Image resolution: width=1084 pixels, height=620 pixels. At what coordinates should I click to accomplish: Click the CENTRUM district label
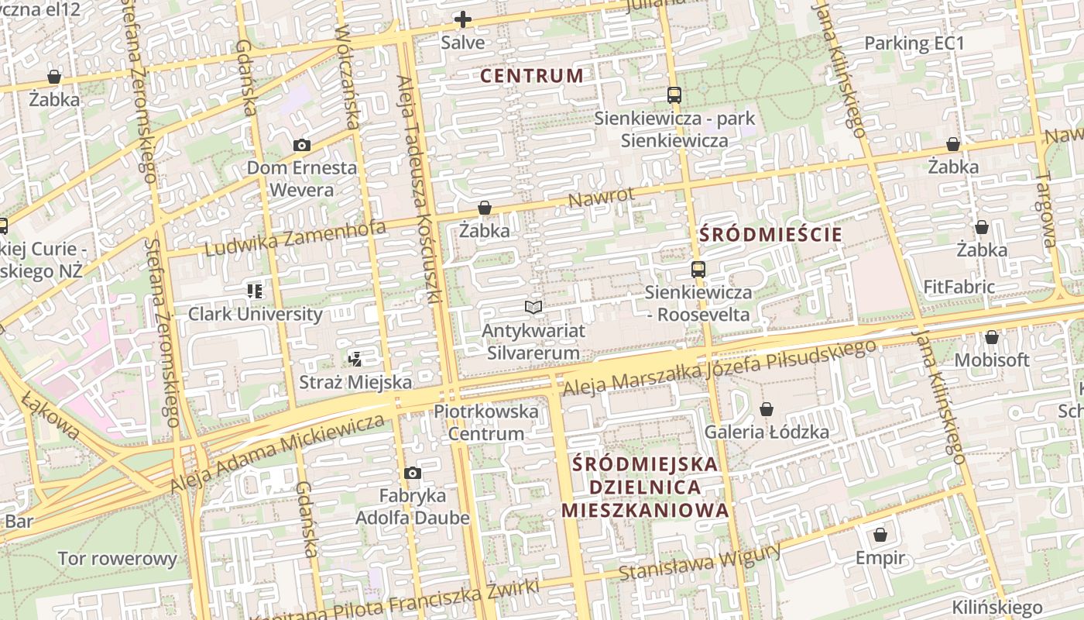531,76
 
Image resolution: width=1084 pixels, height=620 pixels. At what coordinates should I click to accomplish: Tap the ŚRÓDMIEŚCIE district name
770,235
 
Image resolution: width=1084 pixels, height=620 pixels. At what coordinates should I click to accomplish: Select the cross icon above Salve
463,19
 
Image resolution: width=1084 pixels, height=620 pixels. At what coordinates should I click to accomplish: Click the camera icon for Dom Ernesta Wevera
302,145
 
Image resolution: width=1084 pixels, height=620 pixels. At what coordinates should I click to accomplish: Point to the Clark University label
256,314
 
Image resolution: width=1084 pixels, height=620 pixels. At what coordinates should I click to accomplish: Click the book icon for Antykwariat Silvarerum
533,308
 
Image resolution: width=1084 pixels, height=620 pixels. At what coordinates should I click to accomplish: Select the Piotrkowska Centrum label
486,422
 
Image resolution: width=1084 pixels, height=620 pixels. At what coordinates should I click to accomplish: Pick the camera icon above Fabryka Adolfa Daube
413,473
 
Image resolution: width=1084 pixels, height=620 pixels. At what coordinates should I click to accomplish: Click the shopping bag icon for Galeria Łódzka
767,409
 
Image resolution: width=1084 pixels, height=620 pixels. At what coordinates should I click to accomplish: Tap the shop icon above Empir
880,535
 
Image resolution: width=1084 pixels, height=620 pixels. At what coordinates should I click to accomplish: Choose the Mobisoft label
992,360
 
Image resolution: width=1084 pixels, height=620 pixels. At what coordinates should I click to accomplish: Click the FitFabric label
959,287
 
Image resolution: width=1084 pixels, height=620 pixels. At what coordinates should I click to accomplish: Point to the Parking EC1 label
914,43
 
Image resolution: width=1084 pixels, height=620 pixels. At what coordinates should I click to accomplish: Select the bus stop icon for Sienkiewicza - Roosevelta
698,270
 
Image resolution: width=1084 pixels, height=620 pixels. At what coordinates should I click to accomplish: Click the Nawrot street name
601,197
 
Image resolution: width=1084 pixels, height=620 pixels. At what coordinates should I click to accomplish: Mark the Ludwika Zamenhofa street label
295,238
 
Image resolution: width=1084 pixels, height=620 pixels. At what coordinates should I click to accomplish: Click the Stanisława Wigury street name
700,563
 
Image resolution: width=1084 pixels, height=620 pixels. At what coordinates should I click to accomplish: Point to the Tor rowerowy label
118,558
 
